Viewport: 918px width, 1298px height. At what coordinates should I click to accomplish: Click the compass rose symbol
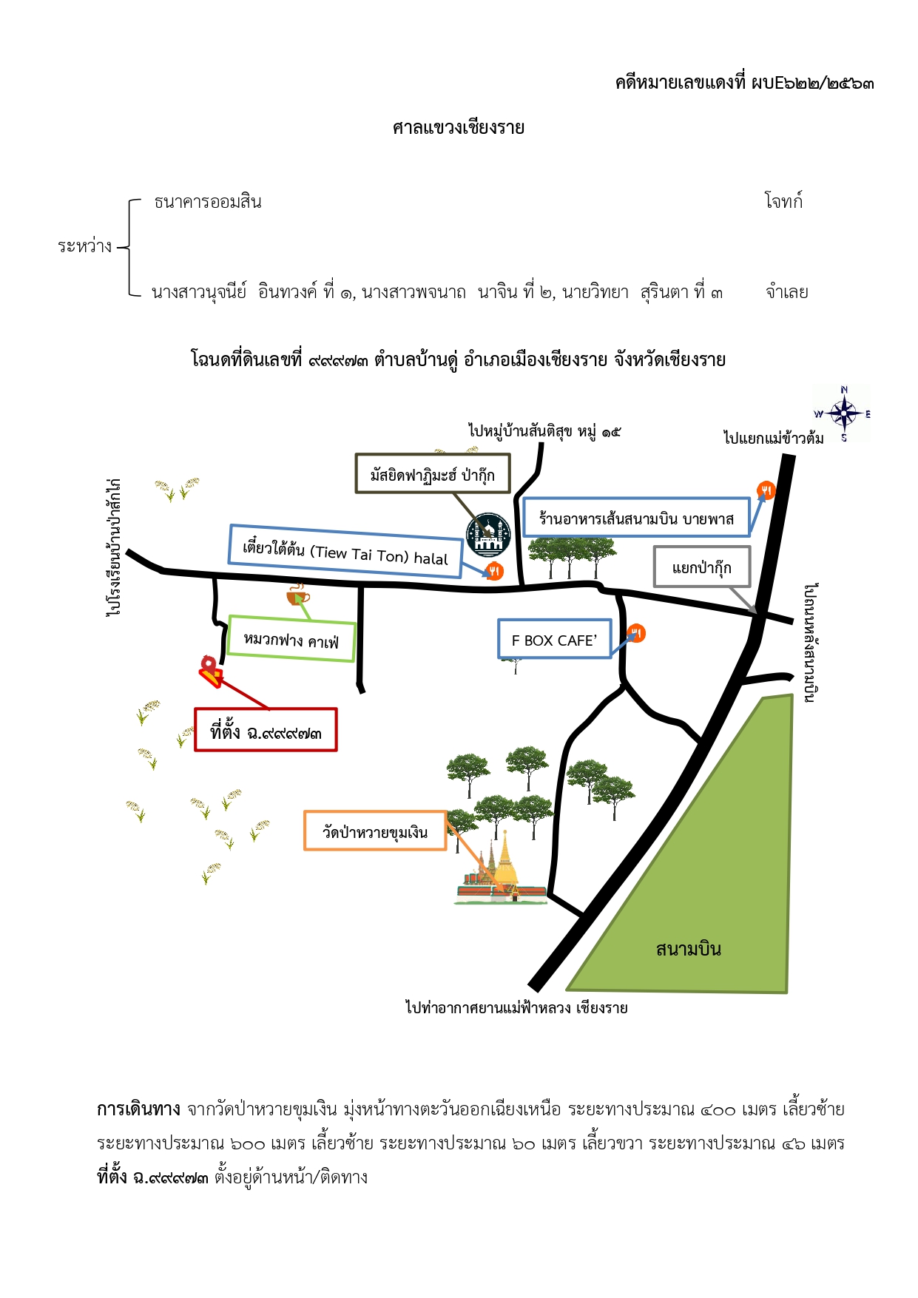(843, 413)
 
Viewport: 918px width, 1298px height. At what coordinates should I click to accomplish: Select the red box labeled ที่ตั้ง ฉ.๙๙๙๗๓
(266, 730)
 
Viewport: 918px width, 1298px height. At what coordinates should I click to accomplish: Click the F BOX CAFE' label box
(555, 639)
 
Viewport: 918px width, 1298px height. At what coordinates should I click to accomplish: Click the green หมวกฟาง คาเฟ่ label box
(291, 638)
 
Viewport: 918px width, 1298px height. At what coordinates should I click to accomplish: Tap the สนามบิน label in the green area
(688, 949)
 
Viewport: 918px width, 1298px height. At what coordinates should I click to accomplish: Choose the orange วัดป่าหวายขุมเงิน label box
(375, 831)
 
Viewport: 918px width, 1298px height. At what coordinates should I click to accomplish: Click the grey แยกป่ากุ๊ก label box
(702, 567)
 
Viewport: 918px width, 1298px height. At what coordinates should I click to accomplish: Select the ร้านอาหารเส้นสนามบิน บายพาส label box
(636, 517)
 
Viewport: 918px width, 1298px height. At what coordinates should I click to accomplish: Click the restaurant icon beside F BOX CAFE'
(636, 633)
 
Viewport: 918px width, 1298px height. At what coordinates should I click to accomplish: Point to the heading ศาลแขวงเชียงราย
(459, 128)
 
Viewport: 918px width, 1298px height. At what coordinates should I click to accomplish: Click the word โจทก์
(783, 201)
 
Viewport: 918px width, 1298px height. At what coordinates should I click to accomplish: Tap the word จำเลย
(787, 292)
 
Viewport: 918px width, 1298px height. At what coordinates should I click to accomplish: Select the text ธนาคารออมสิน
(208, 202)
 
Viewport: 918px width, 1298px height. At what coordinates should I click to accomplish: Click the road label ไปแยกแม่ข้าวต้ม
(774, 438)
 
